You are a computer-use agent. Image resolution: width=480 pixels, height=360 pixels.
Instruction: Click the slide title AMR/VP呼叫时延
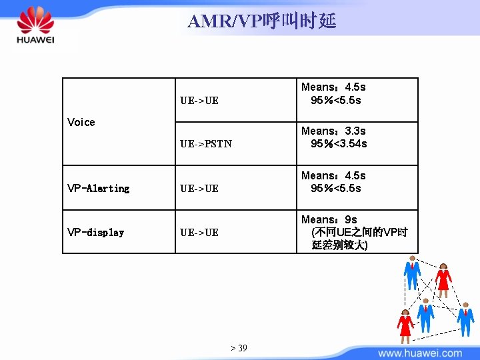262,21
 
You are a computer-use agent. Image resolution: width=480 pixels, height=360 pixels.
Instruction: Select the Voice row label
81,122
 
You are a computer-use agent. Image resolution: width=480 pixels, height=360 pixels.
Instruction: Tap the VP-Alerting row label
98,189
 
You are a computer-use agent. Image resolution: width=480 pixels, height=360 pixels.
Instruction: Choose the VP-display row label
95,233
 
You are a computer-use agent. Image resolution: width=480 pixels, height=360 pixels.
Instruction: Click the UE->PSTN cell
206,144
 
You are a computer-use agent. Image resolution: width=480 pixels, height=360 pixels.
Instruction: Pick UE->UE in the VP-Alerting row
199,189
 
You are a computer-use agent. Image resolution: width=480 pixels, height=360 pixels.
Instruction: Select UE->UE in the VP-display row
199,233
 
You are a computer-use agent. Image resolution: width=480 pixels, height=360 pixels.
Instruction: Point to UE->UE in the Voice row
199,101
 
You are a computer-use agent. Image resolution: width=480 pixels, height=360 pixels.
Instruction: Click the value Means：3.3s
333,131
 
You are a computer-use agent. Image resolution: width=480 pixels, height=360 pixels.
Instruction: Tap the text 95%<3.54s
339,144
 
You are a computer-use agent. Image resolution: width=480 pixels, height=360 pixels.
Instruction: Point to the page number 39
239,348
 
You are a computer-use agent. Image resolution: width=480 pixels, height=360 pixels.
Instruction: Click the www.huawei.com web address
419,353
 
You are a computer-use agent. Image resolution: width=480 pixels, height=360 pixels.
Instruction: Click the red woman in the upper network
443,279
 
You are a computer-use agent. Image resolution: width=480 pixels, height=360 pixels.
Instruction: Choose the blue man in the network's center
425,315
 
